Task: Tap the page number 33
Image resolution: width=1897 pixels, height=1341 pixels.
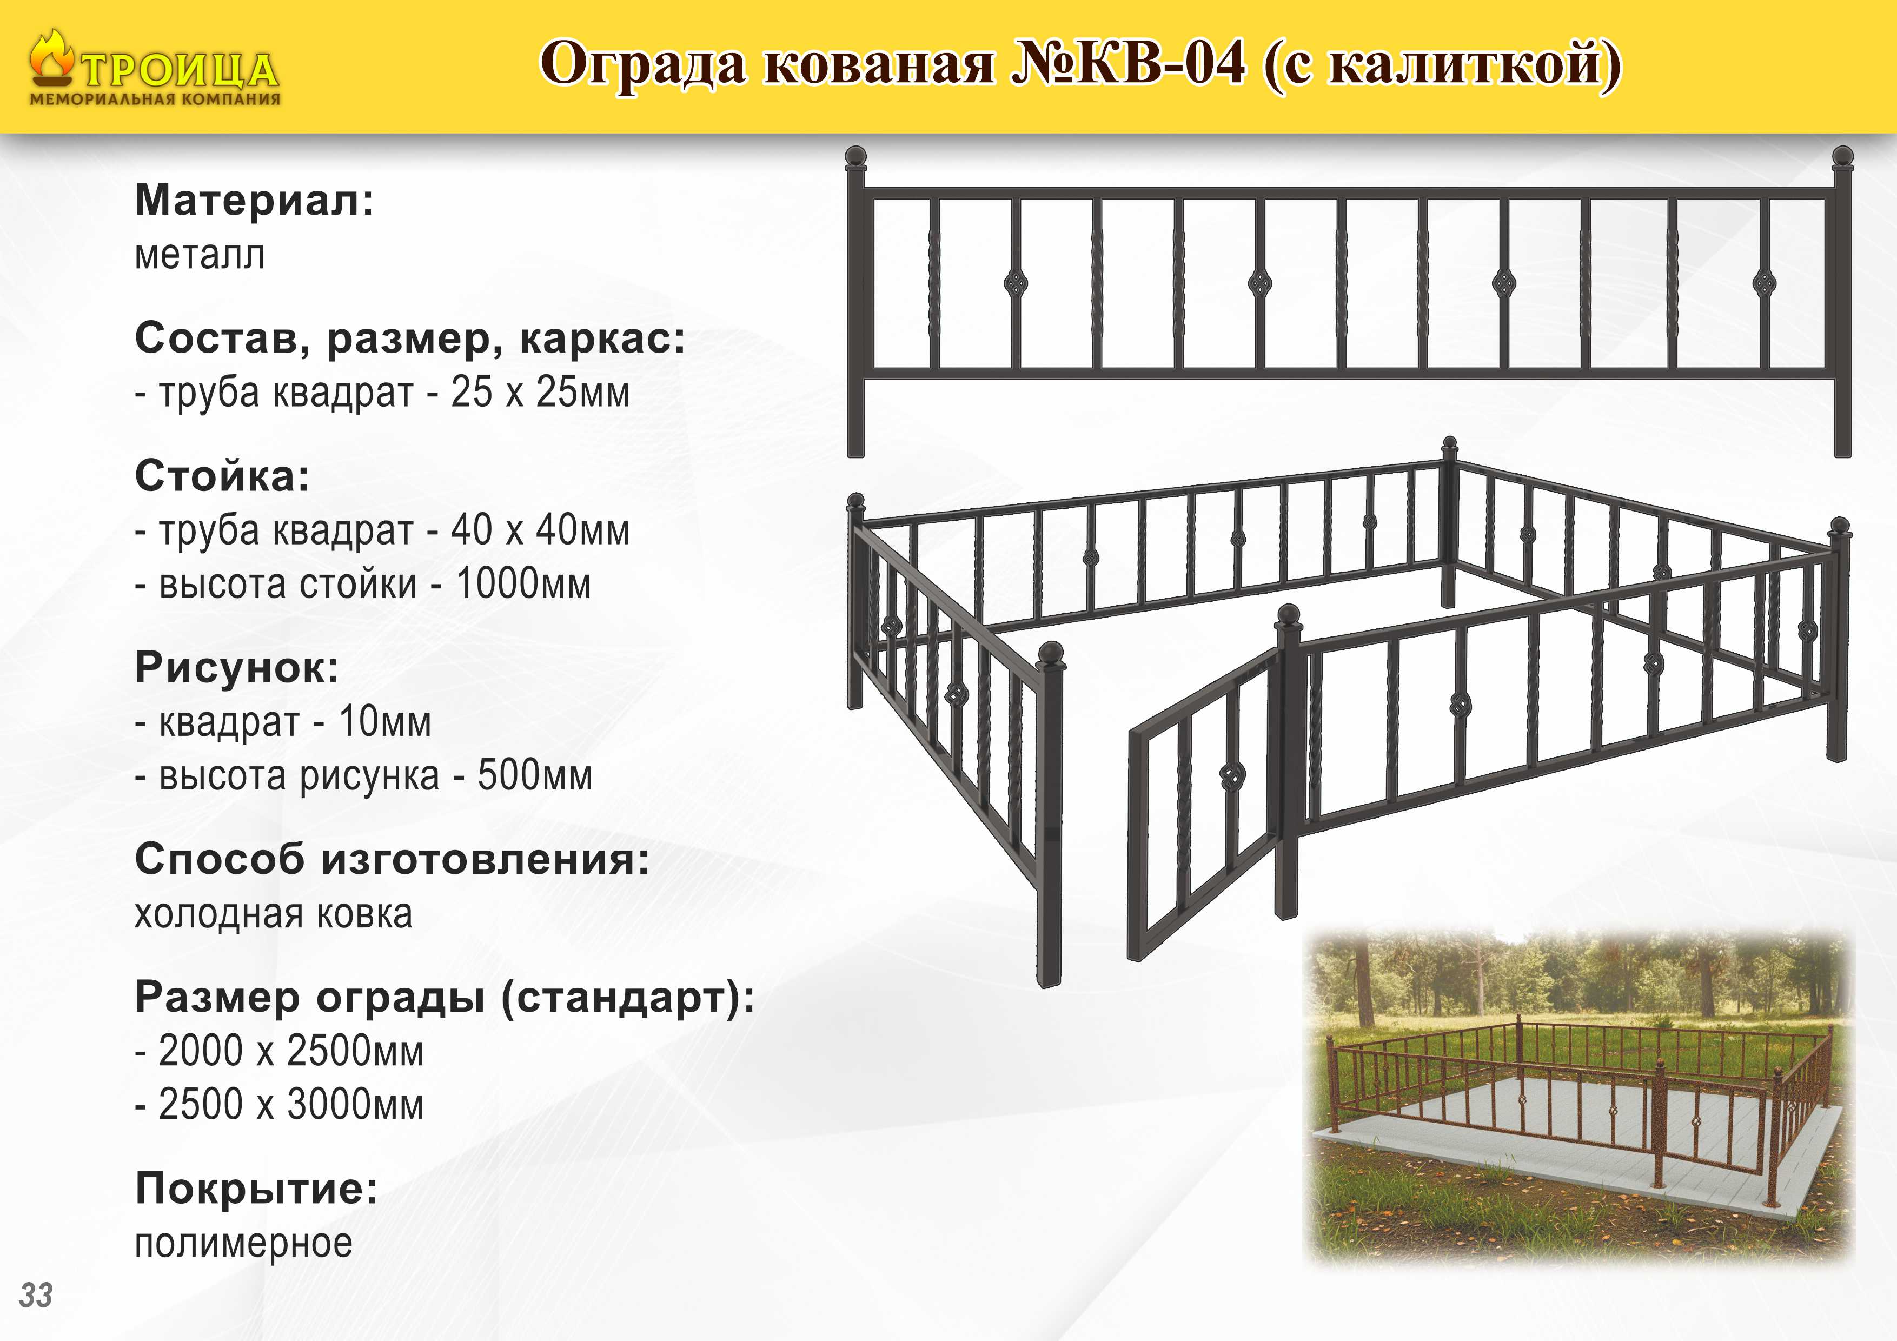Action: [x=36, y=1294]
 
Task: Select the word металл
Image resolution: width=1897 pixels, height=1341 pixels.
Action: [x=200, y=255]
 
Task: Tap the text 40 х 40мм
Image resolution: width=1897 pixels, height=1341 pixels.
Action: [x=540, y=529]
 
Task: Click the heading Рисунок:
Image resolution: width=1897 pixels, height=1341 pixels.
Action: [x=237, y=668]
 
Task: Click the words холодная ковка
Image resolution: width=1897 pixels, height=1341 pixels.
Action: [x=274, y=914]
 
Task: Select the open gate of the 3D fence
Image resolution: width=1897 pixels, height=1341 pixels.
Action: [x=1205, y=806]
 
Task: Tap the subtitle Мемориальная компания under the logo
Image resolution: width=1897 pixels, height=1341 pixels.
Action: [x=155, y=99]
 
